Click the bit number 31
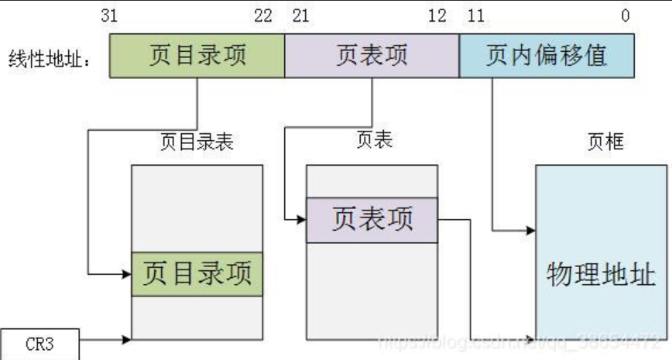tap(109, 16)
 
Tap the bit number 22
tap(264, 16)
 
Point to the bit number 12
tap(437, 16)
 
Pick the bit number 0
tap(626, 16)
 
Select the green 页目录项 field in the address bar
tap(197, 57)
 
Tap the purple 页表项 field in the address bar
tap(372, 57)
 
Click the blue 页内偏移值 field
tap(547, 57)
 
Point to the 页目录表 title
tap(197, 142)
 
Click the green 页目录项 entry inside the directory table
tap(197, 273)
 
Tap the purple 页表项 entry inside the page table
tap(372, 220)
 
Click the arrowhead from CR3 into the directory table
tap(127, 339)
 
